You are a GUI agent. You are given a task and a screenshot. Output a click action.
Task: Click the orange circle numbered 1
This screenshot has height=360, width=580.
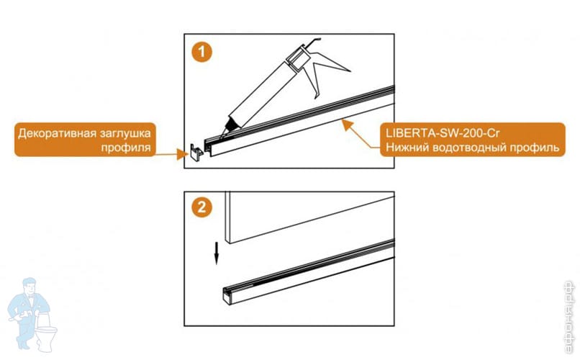tap(201, 51)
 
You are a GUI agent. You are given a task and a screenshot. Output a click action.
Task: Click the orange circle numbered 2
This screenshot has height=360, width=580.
tap(201, 207)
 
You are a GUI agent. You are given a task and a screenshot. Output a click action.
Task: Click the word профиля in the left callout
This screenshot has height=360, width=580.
tap(126, 148)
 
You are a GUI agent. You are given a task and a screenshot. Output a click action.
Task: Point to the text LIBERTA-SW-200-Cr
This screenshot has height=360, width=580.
tap(443, 132)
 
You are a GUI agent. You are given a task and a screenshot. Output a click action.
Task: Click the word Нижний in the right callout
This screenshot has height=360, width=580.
tap(407, 148)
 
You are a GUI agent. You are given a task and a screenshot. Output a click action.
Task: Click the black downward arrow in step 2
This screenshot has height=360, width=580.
tap(217, 253)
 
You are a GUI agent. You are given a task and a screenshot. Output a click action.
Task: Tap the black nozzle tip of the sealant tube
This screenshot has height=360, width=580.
tap(228, 127)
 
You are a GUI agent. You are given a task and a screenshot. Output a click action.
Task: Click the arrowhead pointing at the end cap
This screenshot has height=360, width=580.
tap(181, 154)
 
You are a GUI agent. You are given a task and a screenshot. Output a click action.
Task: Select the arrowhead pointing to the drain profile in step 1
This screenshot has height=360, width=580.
tap(347, 124)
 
